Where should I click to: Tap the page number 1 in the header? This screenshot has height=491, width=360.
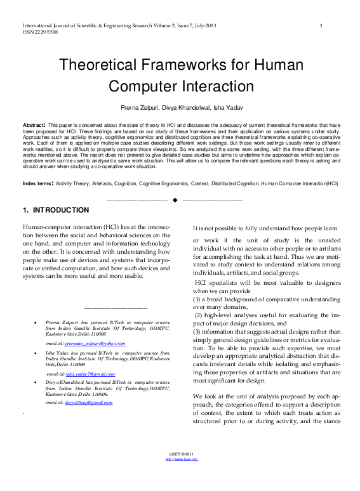pos(321,25)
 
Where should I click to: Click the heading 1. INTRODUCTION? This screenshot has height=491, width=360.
pos(55,210)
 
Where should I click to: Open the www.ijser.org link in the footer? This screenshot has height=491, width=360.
pos(182,477)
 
